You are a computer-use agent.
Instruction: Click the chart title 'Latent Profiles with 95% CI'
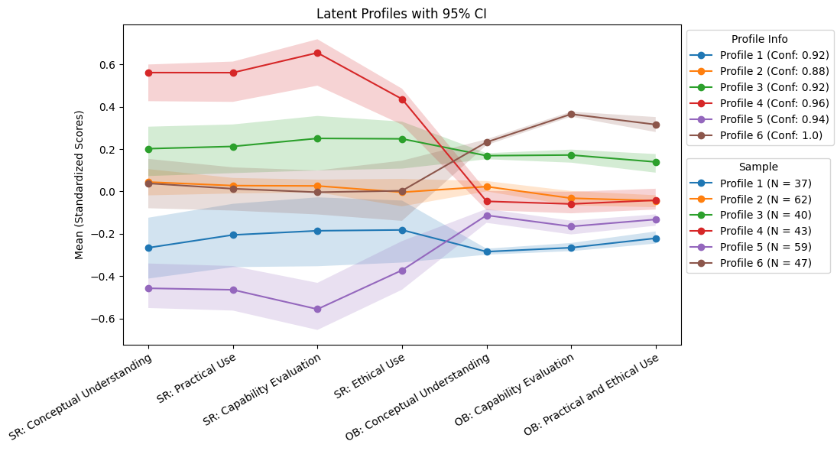pos(401,14)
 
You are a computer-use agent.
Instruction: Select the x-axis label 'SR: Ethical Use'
pos(369,380)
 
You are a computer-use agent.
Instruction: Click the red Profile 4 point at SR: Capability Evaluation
pos(317,53)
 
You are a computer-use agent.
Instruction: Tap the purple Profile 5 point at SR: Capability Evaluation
pos(317,310)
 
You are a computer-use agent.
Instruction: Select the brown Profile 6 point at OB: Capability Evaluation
pos(571,114)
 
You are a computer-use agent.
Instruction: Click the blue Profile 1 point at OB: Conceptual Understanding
pos(487,251)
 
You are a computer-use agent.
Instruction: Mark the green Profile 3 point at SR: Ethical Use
pos(402,139)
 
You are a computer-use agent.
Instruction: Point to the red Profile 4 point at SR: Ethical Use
pos(402,99)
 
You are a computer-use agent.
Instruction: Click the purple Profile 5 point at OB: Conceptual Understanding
pos(487,216)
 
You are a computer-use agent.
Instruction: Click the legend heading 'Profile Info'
pos(759,39)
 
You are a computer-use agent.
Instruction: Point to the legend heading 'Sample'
pos(758,167)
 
